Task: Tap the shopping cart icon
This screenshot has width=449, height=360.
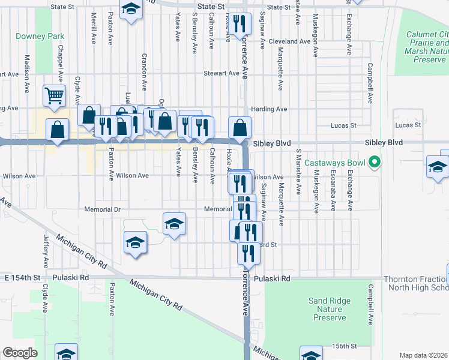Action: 54,95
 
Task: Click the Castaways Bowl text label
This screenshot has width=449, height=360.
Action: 334,163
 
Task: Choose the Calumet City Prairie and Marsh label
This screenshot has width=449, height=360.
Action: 427,47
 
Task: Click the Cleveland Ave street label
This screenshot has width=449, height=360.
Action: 291,41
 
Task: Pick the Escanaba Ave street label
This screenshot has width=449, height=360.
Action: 333,190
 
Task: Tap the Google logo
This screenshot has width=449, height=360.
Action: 20,353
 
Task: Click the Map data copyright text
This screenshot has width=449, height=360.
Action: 424,355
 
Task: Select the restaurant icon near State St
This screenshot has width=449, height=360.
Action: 240,24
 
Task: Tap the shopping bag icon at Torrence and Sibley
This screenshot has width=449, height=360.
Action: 240,127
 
